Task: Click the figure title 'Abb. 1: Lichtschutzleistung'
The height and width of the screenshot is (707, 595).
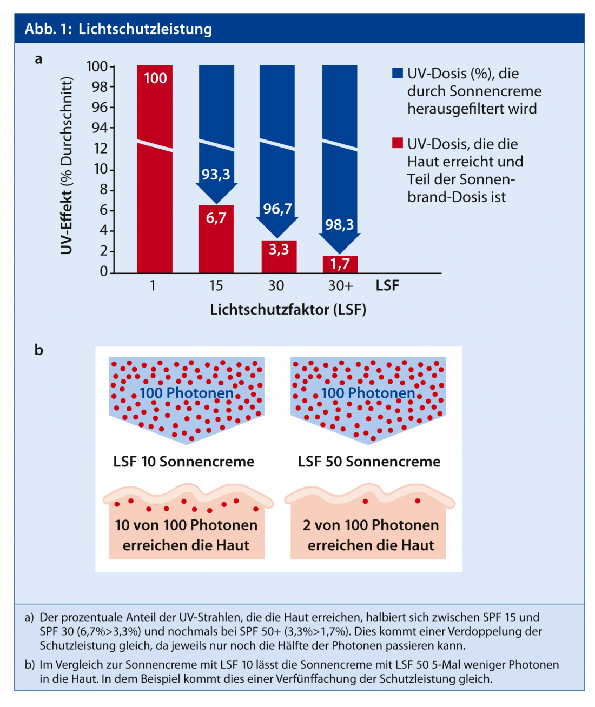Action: click(118, 29)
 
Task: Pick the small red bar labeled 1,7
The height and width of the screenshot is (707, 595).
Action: click(340, 264)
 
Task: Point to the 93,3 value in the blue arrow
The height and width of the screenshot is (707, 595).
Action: click(216, 175)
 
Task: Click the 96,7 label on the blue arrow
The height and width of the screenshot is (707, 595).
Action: click(277, 209)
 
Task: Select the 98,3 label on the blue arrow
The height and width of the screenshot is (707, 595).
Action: click(339, 225)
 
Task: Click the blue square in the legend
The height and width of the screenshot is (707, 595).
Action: click(398, 74)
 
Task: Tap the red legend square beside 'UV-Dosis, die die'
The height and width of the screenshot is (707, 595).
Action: click(398, 143)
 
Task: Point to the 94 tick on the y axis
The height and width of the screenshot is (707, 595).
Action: click(100, 128)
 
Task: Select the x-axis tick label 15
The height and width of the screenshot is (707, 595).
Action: click(216, 285)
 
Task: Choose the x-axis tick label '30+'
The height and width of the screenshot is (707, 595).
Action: click(340, 285)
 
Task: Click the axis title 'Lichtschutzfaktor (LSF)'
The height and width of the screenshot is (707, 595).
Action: click(288, 310)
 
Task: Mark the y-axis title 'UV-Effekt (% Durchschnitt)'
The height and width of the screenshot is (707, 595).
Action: click(67, 165)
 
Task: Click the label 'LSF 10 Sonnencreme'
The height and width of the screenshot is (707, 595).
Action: click(184, 462)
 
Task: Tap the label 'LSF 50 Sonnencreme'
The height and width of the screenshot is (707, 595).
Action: click(369, 462)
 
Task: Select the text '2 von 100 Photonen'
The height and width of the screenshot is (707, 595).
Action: click(371, 525)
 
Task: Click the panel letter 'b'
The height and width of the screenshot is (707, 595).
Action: click(38, 350)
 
